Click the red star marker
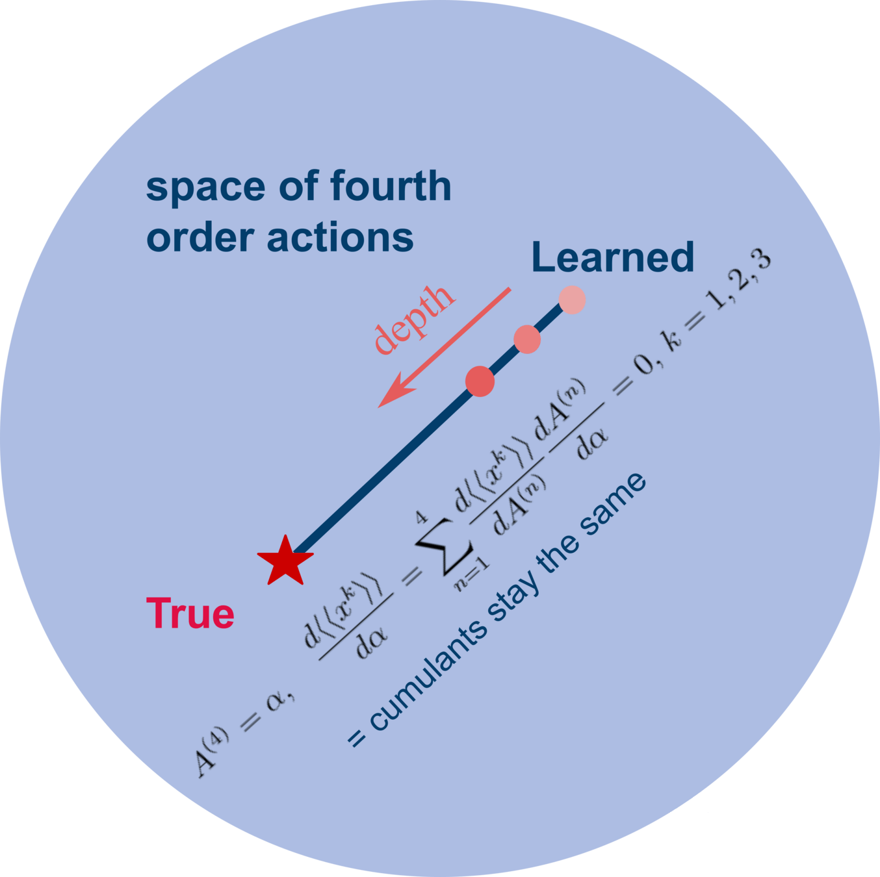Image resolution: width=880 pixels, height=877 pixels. [x=285, y=561]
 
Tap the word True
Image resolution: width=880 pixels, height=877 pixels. [x=190, y=613]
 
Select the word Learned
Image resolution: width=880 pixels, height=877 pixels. [x=612, y=257]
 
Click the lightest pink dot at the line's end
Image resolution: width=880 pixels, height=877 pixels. [x=572, y=299]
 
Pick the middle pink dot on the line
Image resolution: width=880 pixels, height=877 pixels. [x=526, y=339]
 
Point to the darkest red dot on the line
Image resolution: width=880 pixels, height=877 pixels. [x=480, y=381]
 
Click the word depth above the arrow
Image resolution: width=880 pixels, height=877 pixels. [x=413, y=319]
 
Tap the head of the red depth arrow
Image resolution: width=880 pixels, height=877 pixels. [x=391, y=397]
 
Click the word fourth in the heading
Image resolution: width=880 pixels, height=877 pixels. [x=391, y=186]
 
